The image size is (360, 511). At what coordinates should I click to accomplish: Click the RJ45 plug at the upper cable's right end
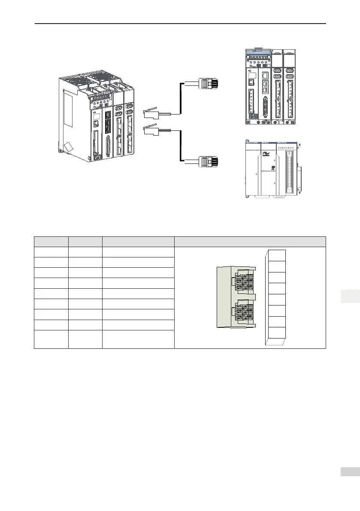pyautogui.click(x=209, y=84)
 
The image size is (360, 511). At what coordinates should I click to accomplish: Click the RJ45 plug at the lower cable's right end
pyautogui.click(x=209, y=161)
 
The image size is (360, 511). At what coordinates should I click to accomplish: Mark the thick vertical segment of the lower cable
pyautogui.click(x=180, y=146)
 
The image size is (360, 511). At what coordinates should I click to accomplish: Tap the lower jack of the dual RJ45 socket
pyautogui.click(x=242, y=312)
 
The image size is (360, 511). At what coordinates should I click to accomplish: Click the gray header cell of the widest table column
pyautogui.click(x=250, y=242)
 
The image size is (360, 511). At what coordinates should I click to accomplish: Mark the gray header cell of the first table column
pyautogui.click(x=51, y=242)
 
